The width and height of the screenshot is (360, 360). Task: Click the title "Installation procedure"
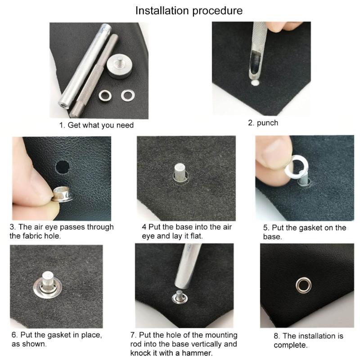(x=189, y=10)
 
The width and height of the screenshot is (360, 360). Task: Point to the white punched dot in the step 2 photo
(x=255, y=84)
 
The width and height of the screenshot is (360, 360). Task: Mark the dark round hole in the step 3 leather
(x=63, y=167)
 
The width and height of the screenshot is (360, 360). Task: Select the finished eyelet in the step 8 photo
(x=302, y=285)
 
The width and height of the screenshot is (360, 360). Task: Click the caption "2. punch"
(x=263, y=122)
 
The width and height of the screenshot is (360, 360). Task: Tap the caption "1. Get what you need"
(x=97, y=125)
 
